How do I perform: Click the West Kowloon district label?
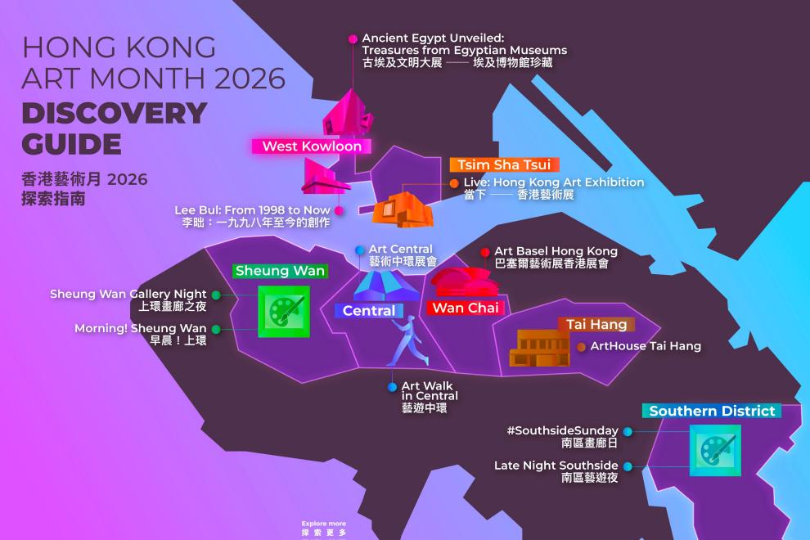point(312,146)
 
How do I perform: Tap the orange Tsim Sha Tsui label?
point(504,164)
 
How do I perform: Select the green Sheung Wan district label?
point(280,271)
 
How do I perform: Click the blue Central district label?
point(368,311)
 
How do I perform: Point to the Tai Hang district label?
point(596,325)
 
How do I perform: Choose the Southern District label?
point(712,411)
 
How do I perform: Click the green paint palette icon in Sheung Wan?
point(283,311)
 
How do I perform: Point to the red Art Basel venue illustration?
point(464,283)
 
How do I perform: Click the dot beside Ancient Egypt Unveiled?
point(353,38)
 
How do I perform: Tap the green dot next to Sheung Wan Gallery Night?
point(215,295)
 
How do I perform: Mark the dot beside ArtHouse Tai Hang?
point(581,347)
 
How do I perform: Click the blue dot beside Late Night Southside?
point(628,466)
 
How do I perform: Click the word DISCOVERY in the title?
point(115,113)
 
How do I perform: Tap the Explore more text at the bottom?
point(323,524)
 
